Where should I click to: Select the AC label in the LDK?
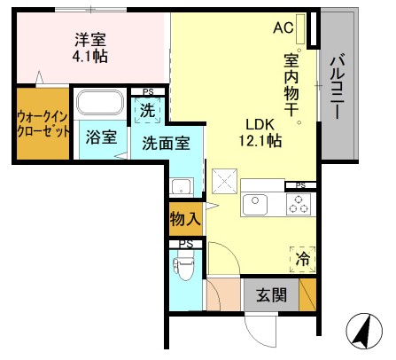(x=283, y=27)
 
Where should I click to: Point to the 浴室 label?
(x=101, y=137)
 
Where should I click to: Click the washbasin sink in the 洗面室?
(x=181, y=187)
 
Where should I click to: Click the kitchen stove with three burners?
(x=298, y=205)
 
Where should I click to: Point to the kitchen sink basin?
(x=255, y=205)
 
